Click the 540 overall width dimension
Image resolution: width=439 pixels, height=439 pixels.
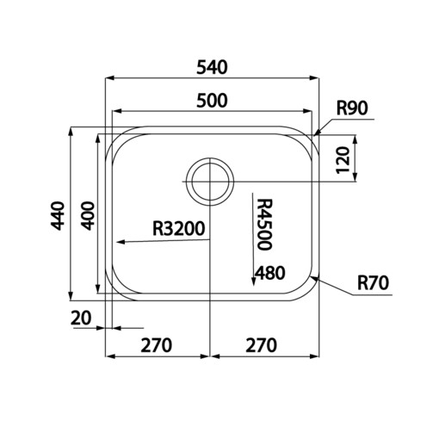(211, 65)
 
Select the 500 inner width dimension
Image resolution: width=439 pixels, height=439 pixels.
(211, 100)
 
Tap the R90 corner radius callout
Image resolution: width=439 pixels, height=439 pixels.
(352, 108)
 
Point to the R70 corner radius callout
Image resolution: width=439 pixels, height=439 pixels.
(373, 281)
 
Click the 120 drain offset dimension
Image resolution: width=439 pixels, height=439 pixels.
(343, 158)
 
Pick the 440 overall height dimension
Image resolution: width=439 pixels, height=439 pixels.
(57, 214)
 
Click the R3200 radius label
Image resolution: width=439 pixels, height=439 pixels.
(177, 229)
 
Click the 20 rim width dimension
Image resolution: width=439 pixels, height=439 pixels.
(82, 318)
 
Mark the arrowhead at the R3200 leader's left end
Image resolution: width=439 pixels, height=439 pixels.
(121, 243)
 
